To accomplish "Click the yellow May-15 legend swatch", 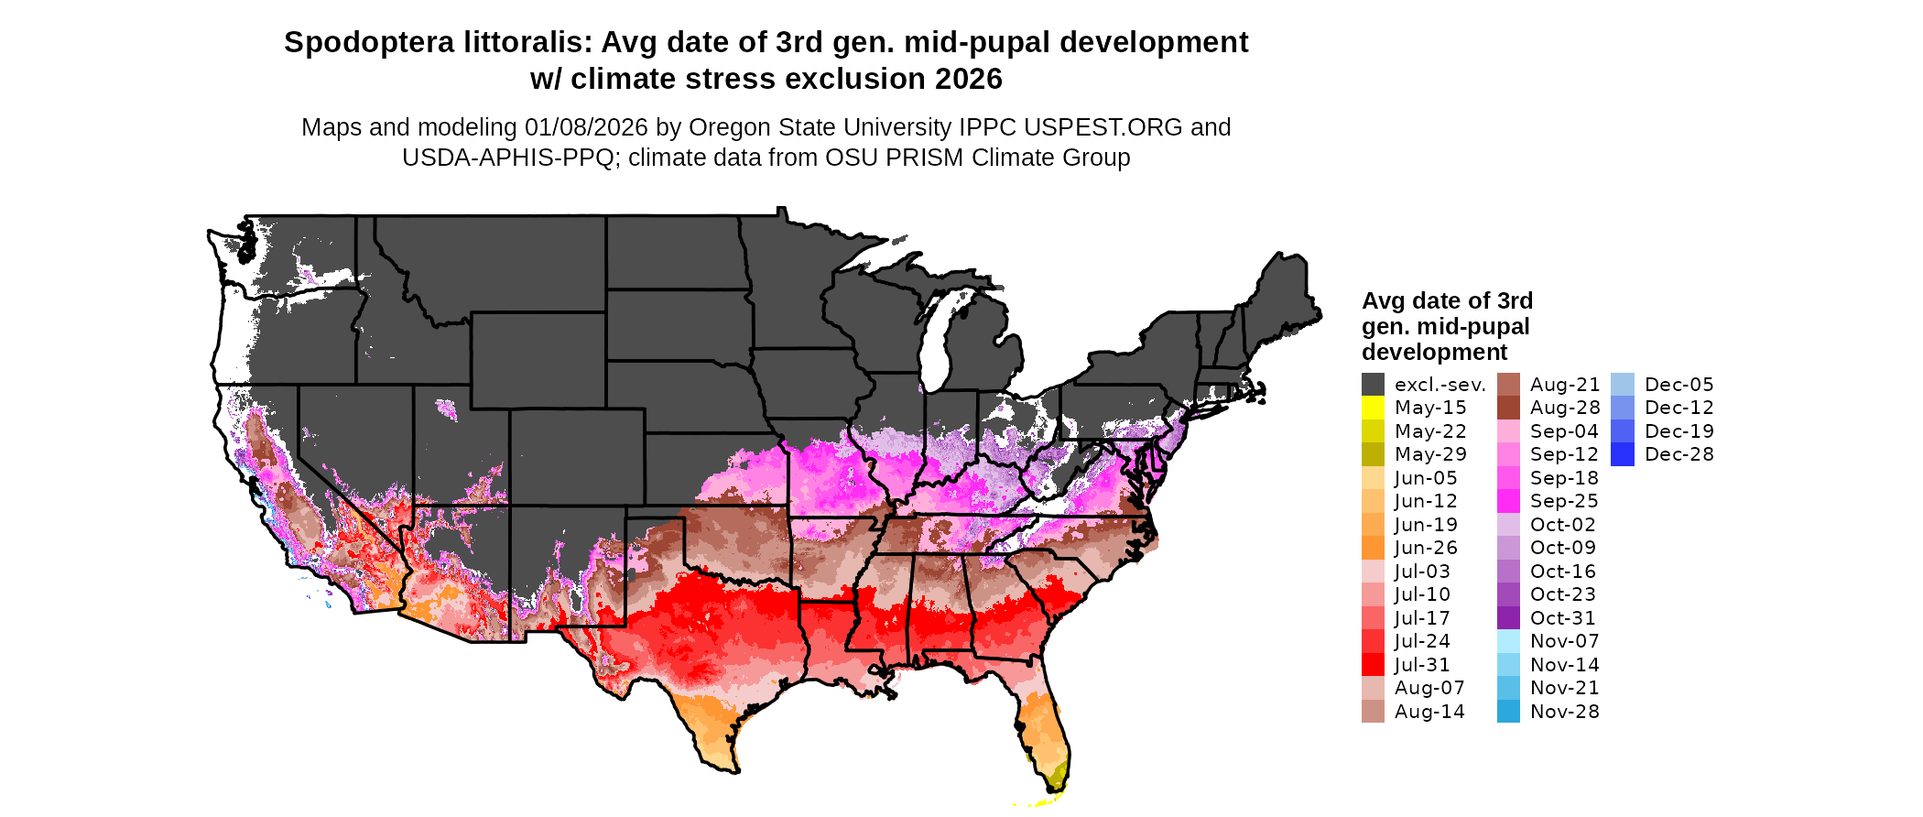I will click(1373, 408).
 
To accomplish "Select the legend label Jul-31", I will click(1422, 665).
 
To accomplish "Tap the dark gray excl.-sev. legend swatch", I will click(1373, 385).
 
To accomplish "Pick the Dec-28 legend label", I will click(1679, 454).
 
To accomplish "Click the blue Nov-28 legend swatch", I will click(1508, 712).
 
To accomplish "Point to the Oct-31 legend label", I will click(1562, 618).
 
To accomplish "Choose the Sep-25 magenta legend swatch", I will click(1508, 501).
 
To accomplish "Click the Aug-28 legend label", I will click(1564, 408).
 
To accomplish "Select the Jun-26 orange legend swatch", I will click(1373, 548).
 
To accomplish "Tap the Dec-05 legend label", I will click(1679, 385).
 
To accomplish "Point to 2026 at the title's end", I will click(969, 80).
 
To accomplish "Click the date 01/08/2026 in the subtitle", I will click(586, 127).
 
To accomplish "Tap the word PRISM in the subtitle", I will click(923, 158).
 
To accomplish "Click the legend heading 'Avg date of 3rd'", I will click(1447, 301).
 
